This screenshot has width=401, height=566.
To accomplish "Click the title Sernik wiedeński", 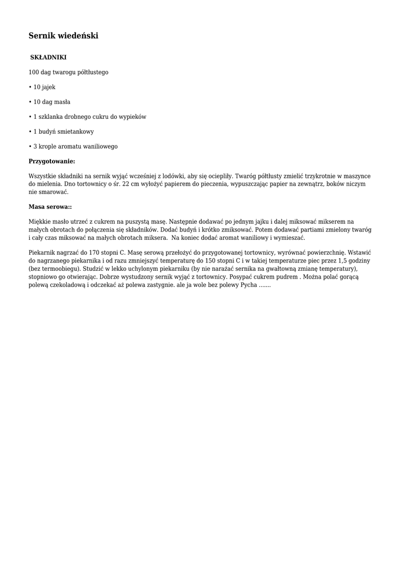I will point(64,36).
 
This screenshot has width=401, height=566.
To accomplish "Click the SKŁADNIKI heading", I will point(48,57).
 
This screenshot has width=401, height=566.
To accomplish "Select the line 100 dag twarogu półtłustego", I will point(69,72).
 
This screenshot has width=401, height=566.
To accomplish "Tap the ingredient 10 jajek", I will point(44,87).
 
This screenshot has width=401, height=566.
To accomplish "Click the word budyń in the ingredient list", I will point(47,132).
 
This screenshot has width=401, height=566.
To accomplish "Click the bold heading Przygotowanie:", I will point(51,161).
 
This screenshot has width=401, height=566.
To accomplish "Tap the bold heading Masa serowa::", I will point(50,207).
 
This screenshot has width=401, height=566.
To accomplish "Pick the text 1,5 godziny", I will point(353,260).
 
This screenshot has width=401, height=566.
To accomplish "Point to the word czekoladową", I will point(67,285).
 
